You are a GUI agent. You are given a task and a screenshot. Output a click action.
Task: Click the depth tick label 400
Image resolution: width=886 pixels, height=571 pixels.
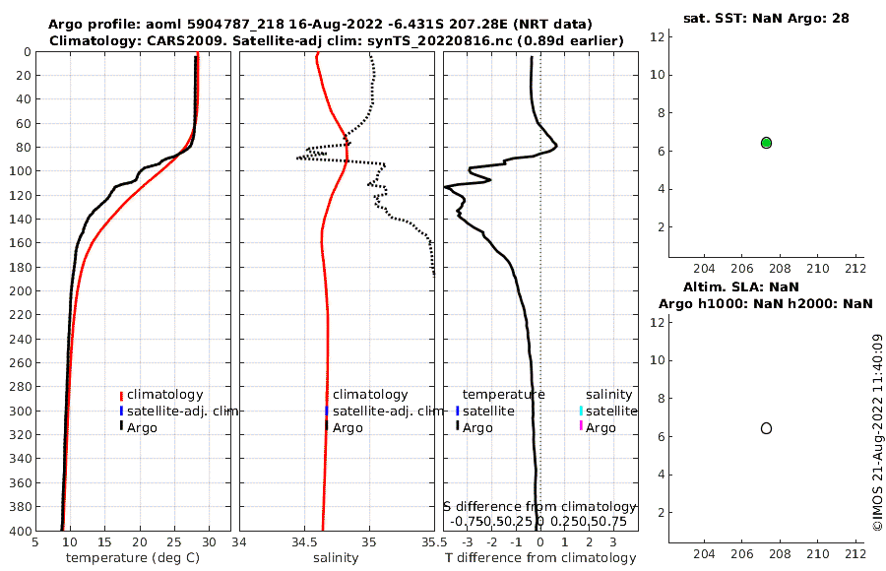point(19,531)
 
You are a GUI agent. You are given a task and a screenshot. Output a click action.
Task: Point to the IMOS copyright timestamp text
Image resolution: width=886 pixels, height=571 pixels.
point(877,433)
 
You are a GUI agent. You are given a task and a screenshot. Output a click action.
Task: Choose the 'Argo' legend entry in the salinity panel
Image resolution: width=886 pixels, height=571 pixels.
point(347,427)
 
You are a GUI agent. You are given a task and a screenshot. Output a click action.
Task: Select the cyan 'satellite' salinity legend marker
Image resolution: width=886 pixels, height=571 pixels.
point(581,411)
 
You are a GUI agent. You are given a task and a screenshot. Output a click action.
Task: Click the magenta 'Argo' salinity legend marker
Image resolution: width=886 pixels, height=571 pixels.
point(581,426)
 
